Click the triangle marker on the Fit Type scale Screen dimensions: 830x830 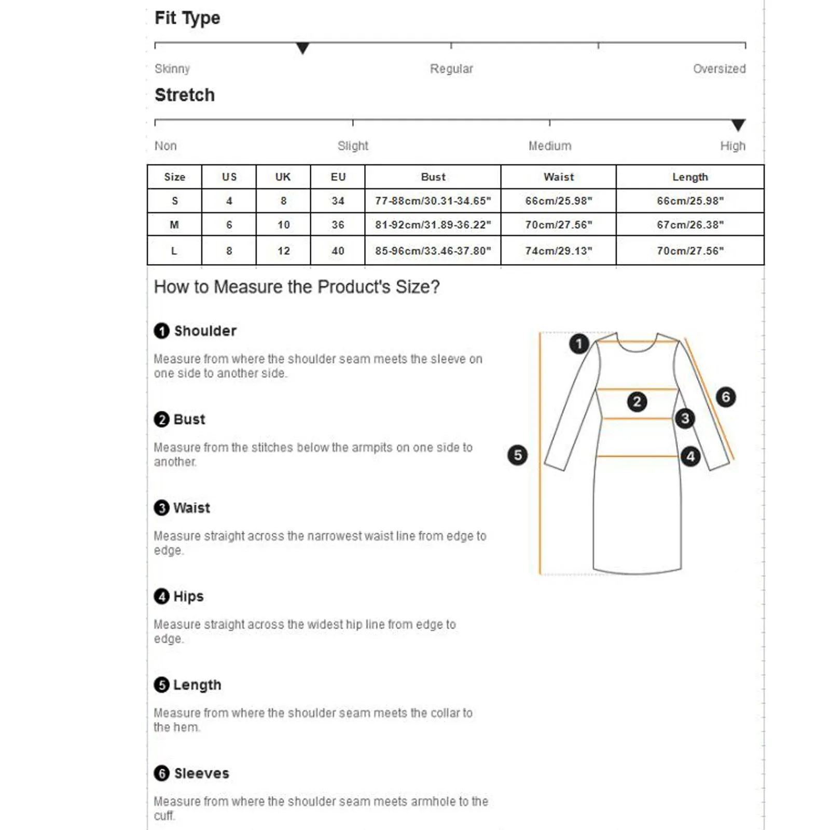[302, 49]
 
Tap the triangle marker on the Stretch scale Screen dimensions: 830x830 [738, 125]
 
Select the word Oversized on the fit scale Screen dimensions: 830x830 [719, 68]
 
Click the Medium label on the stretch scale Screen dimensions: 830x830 [550, 146]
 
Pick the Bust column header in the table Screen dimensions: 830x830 [433, 177]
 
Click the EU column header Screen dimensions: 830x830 [338, 177]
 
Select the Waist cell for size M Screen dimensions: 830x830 [559, 225]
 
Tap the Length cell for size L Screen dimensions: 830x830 [690, 251]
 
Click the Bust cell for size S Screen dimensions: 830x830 [433, 201]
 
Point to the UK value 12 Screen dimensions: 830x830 [283, 251]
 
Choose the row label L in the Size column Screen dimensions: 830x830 [174, 251]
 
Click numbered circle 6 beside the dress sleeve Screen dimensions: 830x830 [726, 397]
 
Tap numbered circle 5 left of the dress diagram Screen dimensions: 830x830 [518, 455]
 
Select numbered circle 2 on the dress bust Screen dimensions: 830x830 [637, 402]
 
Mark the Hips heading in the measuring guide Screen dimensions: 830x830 [188, 597]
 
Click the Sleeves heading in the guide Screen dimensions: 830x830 [201, 773]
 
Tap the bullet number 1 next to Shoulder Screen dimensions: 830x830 [162, 331]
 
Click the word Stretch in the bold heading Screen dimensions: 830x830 [185, 95]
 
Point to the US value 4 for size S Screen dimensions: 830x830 [229, 201]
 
